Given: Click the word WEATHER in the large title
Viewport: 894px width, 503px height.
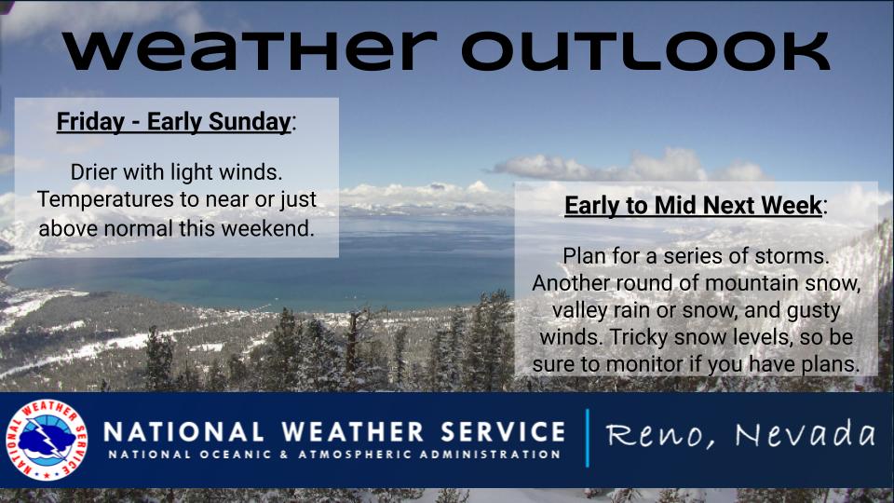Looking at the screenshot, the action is click(x=250, y=50).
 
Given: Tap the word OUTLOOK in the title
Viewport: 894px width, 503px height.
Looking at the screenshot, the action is click(x=644, y=50).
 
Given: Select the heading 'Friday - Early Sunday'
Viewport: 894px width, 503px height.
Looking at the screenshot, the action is click(x=174, y=122).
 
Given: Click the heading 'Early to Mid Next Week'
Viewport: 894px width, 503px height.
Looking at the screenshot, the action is click(x=693, y=205).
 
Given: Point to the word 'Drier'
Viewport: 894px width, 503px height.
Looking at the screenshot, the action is click(x=93, y=171).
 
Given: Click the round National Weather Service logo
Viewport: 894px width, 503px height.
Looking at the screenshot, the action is click(x=47, y=439).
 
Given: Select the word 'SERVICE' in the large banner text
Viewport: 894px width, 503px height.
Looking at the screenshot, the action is click(x=503, y=431).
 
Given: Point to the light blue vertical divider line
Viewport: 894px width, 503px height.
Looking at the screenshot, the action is click(x=587, y=438).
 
